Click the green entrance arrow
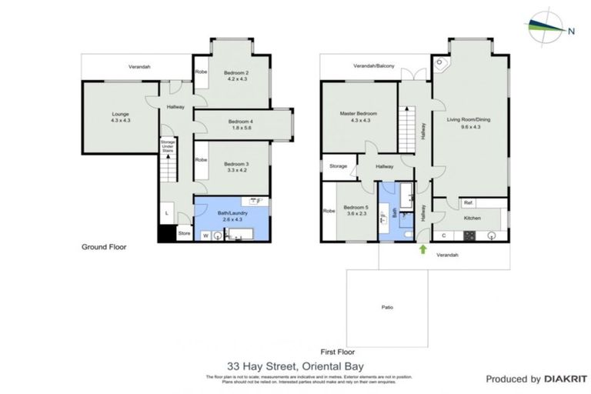(x=422, y=249)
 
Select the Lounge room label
(x=121, y=118)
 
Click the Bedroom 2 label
(x=235, y=75)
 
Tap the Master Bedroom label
(x=358, y=117)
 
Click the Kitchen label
(x=472, y=219)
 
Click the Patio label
(x=387, y=308)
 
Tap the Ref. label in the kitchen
(x=467, y=203)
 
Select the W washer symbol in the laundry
(x=205, y=235)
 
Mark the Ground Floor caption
(x=104, y=247)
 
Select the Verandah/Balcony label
(x=374, y=67)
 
